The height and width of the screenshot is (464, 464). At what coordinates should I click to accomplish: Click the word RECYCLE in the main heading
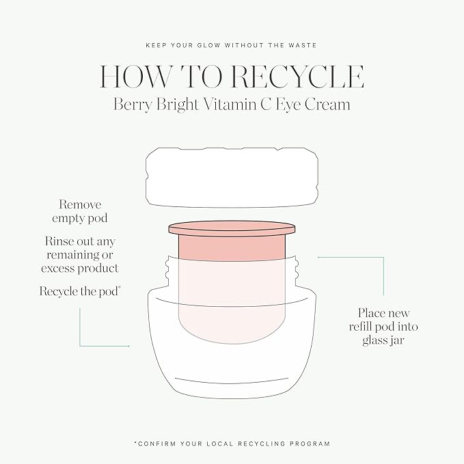[297, 77]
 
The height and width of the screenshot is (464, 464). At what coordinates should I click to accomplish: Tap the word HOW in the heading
[135, 77]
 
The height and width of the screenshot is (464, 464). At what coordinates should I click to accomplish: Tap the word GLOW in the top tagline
[208, 45]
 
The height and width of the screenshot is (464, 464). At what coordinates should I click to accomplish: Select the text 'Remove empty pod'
[80, 211]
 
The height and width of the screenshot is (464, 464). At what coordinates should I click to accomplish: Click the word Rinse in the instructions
[59, 241]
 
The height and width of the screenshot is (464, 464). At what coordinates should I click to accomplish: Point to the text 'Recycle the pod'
[80, 291]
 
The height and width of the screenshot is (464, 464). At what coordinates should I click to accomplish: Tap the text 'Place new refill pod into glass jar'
[383, 327]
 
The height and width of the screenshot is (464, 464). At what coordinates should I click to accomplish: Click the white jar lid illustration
[232, 177]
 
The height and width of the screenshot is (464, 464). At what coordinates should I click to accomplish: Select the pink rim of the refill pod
[232, 228]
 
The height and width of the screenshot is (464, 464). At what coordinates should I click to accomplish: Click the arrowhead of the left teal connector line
[128, 346]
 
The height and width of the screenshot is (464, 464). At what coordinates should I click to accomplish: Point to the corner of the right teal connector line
[383, 258]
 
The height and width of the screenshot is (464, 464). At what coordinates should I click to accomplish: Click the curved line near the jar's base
[232, 380]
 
